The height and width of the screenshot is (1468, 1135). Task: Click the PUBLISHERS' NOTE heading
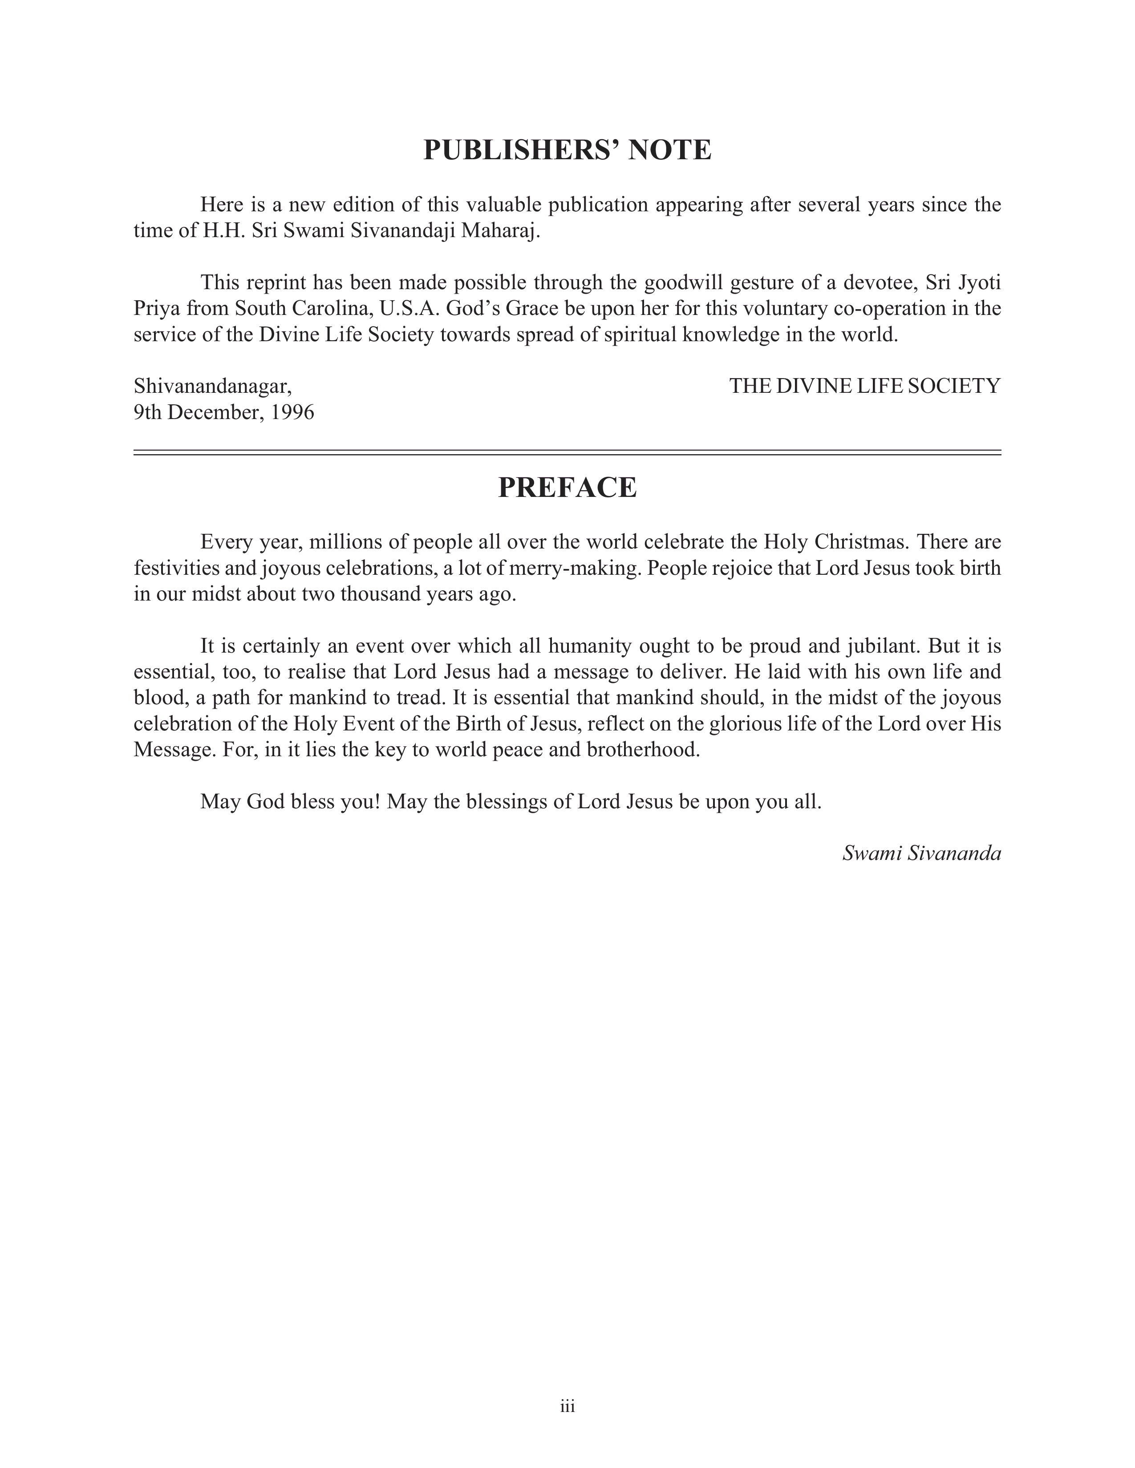click(x=567, y=150)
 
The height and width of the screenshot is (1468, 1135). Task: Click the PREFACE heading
click(x=567, y=487)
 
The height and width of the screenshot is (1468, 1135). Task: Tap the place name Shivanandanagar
click(x=212, y=387)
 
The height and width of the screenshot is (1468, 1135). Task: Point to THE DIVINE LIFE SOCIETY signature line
click(x=865, y=387)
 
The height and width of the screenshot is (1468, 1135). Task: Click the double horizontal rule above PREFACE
click(x=567, y=452)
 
